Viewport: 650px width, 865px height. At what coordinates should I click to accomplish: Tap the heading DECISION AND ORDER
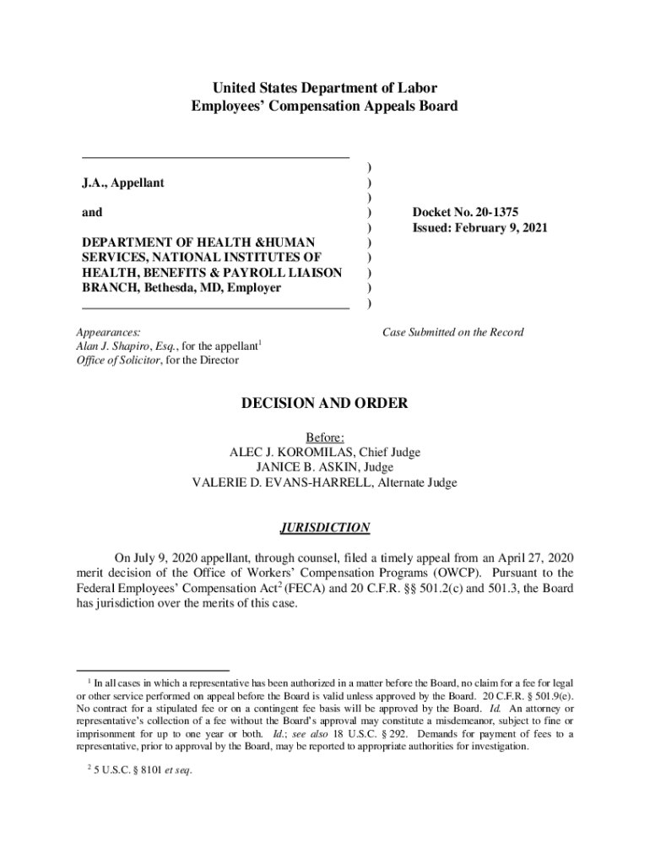pos(324,404)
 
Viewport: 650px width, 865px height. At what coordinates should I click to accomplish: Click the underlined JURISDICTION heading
pos(324,528)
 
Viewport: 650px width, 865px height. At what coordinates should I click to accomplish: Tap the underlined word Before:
pos(324,438)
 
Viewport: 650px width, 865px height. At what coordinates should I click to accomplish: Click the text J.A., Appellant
pos(123,182)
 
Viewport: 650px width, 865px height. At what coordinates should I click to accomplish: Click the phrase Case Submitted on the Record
pos(452,332)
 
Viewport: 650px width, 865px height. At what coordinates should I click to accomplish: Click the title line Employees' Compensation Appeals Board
pos(324,106)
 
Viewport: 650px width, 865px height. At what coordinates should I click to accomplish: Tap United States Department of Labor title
pos(324,87)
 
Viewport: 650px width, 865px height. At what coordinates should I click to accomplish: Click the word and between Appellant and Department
pos(92,213)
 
